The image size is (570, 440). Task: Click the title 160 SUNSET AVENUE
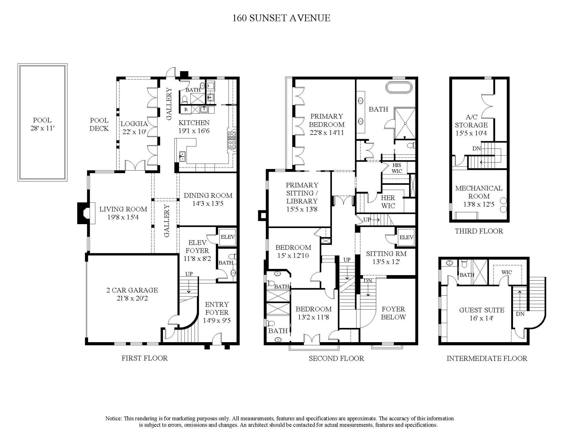coord(281,18)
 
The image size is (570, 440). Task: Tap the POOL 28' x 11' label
coord(42,124)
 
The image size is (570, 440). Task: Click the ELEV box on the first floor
coord(227,237)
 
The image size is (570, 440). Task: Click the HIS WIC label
coord(397,168)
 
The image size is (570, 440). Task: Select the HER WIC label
coord(388,202)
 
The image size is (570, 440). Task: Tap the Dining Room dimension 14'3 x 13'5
coord(208,204)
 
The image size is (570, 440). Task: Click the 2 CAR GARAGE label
coord(132,290)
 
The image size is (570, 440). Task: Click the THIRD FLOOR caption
coord(479,231)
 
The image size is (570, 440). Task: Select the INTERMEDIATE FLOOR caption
coord(487,358)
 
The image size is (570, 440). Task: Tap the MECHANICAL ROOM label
coord(479,188)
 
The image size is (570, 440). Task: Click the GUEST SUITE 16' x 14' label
coord(482,314)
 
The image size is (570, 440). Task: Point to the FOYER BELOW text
coord(393,313)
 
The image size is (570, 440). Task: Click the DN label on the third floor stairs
coord(476,149)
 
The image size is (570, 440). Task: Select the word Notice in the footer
coord(113,419)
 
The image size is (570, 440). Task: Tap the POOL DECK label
coord(99,125)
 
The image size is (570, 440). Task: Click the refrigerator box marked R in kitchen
coord(186,109)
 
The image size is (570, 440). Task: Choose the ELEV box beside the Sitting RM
coord(406,237)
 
